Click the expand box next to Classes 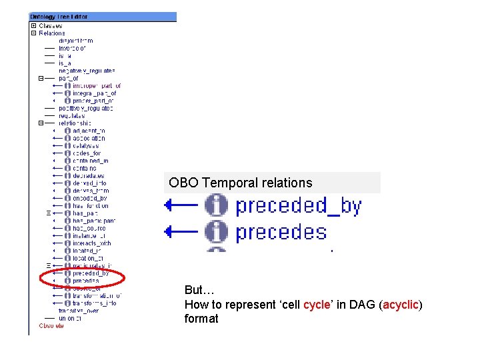(x=33, y=26)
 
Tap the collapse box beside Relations (x=33, y=33)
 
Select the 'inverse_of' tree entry (x=72, y=48)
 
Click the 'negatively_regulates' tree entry (x=87, y=71)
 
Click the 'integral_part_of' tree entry (x=94, y=93)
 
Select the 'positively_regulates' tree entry (x=86, y=108)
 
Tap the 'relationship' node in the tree (x=75, y=123)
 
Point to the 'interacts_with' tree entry (x=91, y=243)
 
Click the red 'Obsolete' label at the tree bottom (x=51, y=326)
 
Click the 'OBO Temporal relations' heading (x=240, y=183)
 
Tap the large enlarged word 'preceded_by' (x=298, y=206)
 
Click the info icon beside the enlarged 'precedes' (x=216, y=232)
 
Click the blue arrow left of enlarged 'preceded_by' (x=181, y=206)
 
